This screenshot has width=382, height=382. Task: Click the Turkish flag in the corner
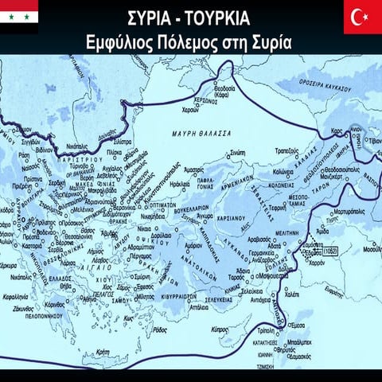tap(362, 17)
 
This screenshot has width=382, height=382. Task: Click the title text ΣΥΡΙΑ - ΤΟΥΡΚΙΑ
tap(190, 17)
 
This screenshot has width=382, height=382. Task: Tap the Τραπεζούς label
tap(290, 148)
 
